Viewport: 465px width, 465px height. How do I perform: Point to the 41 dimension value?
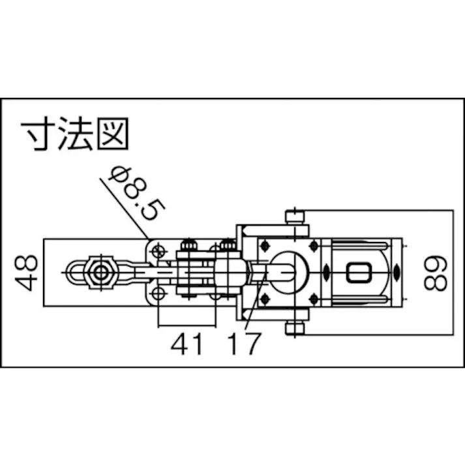pos(187,344)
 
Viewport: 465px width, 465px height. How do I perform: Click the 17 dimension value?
pos(245,344)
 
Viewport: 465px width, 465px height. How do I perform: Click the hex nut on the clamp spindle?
pos(101,272)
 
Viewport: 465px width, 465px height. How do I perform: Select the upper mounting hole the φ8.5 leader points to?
pos(157,250)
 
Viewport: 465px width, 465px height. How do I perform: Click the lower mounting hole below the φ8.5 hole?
pos(157,295)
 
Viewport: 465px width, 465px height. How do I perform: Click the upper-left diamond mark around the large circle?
pos(264,246)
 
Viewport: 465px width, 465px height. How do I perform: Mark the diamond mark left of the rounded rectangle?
pos(326,272)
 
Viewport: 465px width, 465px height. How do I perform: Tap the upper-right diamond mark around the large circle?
pos(313,246)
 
